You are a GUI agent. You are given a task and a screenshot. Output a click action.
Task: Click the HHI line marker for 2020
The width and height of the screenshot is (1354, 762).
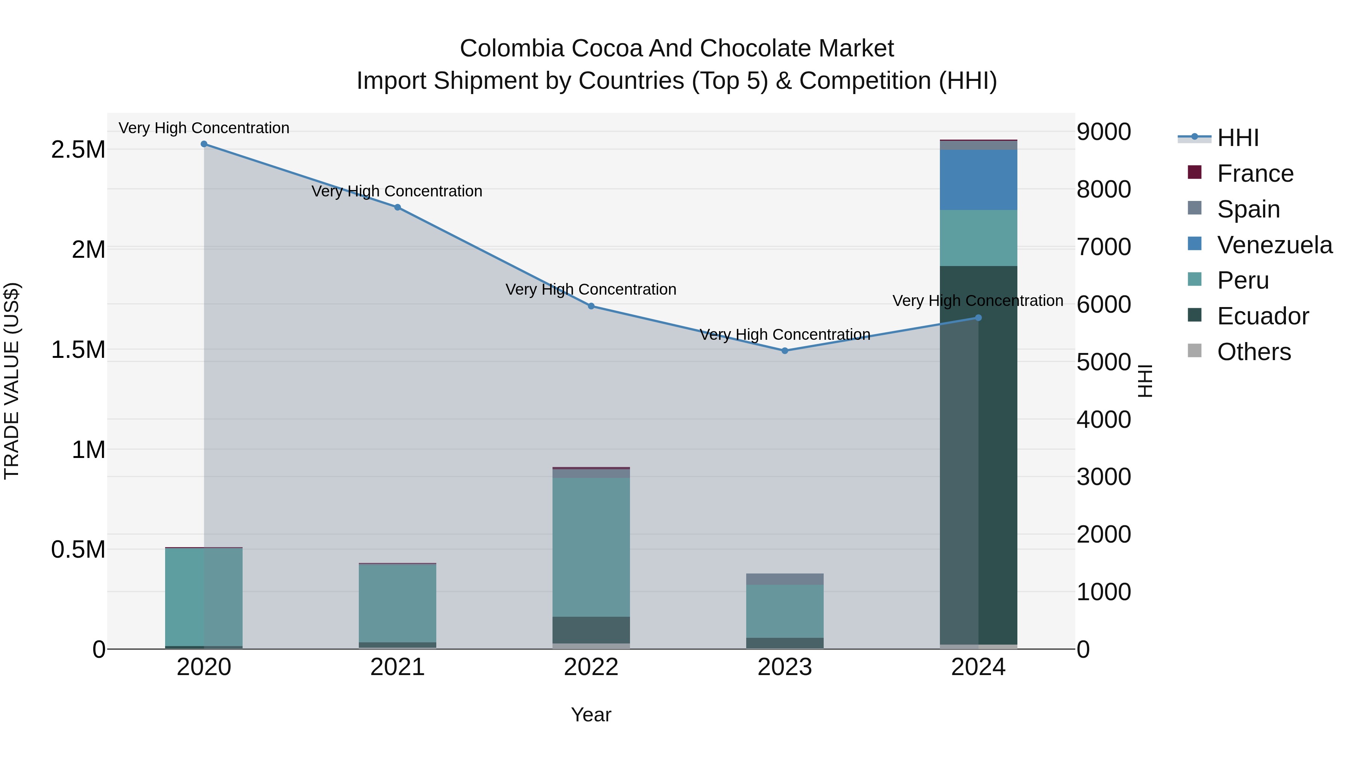pyautogui.click(x=204, y=144)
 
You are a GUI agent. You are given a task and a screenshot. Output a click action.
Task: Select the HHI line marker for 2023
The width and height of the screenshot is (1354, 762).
pyautogui.click(x=785, y=351)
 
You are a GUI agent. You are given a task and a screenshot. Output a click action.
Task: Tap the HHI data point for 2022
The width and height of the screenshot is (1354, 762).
pyautogui.click(x=591, y=306)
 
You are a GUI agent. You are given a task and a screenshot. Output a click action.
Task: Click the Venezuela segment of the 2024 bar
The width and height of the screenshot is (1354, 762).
pyautogui.click(x=978, y=180)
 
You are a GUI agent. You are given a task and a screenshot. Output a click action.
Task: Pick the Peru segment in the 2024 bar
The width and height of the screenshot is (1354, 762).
pyautogui.click(x=978, y=238)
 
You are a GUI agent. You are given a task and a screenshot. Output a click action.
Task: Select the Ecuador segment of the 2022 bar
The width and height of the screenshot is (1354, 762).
pyautogui.click(x=591, y=630)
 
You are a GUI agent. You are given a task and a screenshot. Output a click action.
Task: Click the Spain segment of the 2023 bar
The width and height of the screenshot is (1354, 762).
pyautogui.click(x=785, y=579)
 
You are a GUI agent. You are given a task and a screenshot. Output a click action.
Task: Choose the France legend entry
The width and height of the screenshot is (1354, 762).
pyautogui.click(x=1255, y=173)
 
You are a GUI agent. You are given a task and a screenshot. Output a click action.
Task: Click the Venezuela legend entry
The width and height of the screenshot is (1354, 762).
pyautogui.click(x=1274, y=245)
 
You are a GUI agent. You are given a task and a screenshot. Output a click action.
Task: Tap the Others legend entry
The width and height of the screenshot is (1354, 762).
pyautogui.click(x=1254, y=352)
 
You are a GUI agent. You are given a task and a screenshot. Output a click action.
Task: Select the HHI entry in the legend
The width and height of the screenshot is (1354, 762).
pyautogui.click(x=1237, y=138)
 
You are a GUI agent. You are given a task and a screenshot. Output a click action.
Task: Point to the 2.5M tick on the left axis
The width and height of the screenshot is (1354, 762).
pyautogui.click(x=78, y=150)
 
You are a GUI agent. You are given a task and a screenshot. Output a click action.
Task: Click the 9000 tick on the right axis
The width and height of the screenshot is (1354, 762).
pyautogui.click(x=1103, y=132)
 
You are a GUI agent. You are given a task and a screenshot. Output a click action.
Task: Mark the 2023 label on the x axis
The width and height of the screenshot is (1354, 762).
pyautogui.click(x=785, y=667)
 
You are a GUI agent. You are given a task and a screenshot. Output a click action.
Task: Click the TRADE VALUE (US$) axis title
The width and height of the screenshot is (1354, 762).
pyautogui.click(x=12, y=381)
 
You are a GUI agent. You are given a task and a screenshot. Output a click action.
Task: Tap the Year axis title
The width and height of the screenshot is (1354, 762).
pyautogui.click(x=591, y=715)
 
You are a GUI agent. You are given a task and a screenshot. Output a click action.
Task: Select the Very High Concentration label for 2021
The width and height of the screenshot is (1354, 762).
pyautogui.click(x=397, y=192)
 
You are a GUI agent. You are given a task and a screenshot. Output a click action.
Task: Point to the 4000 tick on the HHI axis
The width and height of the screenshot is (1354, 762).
pyautogui.click(x=1103, y=420)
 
